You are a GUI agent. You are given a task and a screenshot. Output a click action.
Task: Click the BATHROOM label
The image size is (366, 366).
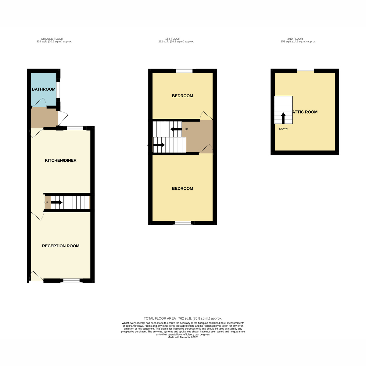pos(44,89)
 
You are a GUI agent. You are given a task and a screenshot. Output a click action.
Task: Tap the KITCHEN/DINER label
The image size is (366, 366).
pos(61,160)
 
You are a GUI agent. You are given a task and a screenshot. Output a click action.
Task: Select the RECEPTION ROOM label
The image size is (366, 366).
pos(61,246)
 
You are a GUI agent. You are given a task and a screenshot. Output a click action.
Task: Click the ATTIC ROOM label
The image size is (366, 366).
pos(305,112)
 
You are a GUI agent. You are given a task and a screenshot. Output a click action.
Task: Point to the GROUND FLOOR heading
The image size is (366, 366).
pos(52,39)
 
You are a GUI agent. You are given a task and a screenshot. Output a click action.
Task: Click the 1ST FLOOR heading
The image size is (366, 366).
pos(173,39)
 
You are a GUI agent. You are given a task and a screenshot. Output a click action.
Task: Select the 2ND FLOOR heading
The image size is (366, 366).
pos(295,39)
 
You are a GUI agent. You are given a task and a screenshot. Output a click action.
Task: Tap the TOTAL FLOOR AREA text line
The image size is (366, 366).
pos(183,318)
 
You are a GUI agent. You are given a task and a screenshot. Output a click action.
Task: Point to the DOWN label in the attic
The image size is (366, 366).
pos(283,129)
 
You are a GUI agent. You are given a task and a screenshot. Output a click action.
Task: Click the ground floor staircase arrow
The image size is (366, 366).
pos(57,202)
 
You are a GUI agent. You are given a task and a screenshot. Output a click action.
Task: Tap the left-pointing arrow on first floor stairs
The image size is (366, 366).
pos(176,129)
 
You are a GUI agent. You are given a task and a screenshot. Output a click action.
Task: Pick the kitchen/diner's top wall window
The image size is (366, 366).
pos(75,128)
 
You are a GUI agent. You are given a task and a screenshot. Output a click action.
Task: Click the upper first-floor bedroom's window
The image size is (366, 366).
pos(185,71)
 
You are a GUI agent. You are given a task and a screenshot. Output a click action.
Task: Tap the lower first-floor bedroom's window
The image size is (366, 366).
pos(183,223)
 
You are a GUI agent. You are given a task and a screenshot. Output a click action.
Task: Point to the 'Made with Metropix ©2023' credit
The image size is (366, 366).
pos(183,337)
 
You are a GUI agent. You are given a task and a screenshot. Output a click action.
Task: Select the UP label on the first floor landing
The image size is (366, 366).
pos(187,129)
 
